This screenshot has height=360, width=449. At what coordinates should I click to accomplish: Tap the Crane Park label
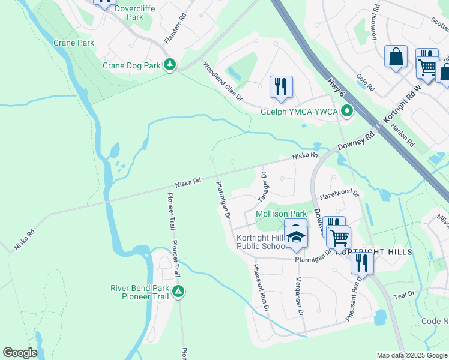click(74, 43)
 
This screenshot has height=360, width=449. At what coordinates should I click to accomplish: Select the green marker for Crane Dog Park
click(170, 64)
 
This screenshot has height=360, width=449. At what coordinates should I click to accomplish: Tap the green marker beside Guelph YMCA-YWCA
click(346, 111)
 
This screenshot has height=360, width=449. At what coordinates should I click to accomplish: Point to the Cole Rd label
click(366, 83)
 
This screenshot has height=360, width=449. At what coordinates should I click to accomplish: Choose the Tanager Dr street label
click(263, 185)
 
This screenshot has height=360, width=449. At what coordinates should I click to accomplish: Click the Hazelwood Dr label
click(339, 194)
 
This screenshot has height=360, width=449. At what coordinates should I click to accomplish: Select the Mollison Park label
click(281, 214)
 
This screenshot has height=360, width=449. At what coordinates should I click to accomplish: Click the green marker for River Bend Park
click(178, 292)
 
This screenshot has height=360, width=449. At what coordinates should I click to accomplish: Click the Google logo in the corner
click(20, 353)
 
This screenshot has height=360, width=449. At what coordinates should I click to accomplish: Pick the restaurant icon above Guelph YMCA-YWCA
click(281, 86)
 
